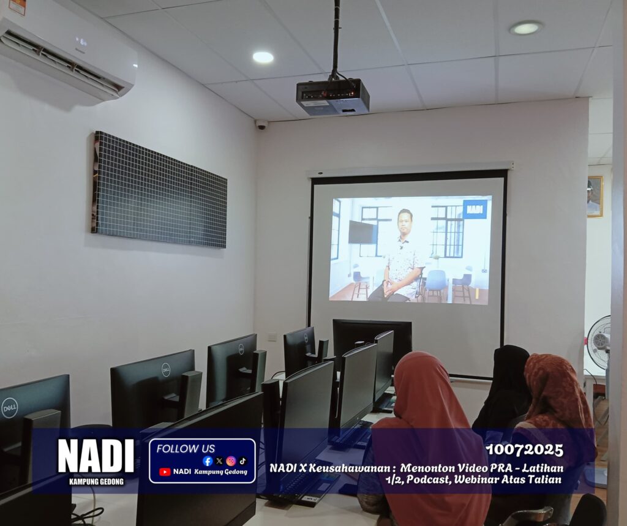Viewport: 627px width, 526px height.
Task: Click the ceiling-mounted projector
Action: click(332, 97)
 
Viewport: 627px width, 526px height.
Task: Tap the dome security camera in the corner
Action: click(261, 125)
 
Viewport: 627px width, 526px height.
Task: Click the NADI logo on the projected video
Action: click(475, 209)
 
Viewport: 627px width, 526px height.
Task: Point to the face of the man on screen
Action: click(405, 222)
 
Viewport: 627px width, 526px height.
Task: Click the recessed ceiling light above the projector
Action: click(263, 57)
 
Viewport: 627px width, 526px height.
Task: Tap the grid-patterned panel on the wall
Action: click(159, 190)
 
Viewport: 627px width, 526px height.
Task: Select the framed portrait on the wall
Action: click(595, 197)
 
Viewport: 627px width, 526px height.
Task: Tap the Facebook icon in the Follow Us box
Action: click(208, 461)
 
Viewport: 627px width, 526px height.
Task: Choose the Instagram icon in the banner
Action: click(231, 461)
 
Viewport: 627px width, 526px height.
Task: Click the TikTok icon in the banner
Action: click(242, 461)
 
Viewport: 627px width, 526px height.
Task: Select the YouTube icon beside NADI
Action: click(165, 472)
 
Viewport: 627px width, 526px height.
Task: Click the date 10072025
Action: click(525, 450)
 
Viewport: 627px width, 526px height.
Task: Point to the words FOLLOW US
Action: click(186, 448)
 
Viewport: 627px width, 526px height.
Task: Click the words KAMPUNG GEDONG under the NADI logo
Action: click(96, 481)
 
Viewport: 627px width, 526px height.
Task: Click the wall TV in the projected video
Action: click(362, 231)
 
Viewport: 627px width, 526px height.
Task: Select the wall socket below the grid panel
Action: click(272, 336)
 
